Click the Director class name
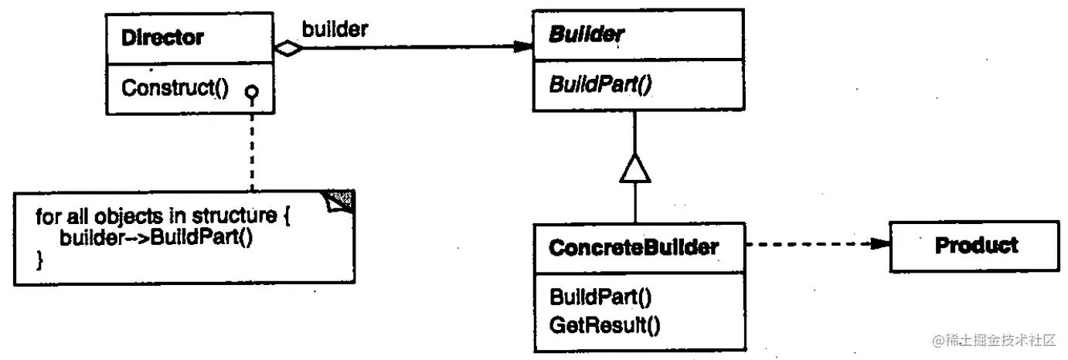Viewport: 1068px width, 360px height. pyautogui.click(x=162, y=37)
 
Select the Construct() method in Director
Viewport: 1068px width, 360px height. pyautogui.click(x=175, y=87)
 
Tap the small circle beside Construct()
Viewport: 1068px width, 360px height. pyautogui.click(x=251, y=92)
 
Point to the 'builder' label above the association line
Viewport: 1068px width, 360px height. pyautogui.click(x=335, y=29)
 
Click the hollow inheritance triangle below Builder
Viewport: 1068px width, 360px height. pyautogui.click(x=634, y=168)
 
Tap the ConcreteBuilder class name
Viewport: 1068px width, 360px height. pyautogui.click(x=634, y=247)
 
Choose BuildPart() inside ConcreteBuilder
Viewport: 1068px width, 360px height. pyautogui.click(x=601, y=297)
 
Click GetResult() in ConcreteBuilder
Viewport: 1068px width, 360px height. pyautogui.click(x=605, y=324)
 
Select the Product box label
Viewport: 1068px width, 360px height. pyautogui.click(x=976, y=246)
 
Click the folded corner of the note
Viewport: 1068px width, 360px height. pyautogui.click(x=342, y=201)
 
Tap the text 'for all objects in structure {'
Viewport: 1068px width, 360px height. pyautogui.click(x=162, y=216)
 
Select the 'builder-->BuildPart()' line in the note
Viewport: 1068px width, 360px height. pyautogui.click(x=156, y=237)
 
